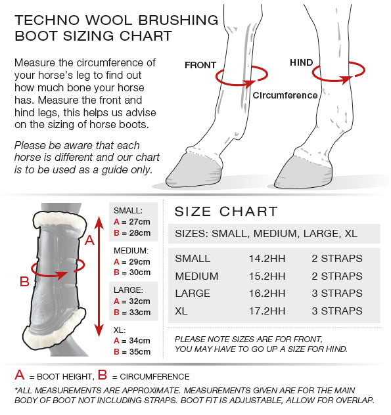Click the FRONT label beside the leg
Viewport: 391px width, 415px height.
(x=200, y=65)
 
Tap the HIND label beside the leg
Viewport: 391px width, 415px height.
(x=302, y=63)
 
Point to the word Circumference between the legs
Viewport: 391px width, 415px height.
(x=285, y=95)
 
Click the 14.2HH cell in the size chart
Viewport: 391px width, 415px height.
(x=267, y=259)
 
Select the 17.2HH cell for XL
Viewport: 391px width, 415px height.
(x=267, y=311)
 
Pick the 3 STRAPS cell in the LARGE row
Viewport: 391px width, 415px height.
(x=337, y=294)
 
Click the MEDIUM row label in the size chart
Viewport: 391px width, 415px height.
(x=197, y=276)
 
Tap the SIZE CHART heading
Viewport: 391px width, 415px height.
(x=226, y=211)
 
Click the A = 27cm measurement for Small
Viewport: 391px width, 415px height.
(x=132, y=222)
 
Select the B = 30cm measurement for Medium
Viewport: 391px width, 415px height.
(x=132, y=273)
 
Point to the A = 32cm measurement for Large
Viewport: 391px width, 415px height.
(x=132, y=301)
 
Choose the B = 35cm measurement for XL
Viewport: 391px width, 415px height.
(x=132, y=352)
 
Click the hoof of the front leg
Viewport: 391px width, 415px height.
(x=194, y=171)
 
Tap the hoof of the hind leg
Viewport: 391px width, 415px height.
(x=303, y=173)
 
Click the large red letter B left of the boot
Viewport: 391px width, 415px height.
(x=24, y=282)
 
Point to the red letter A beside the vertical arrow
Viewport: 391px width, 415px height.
(x=89, y=240)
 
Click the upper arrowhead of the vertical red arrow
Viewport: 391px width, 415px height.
(x=99, y=223)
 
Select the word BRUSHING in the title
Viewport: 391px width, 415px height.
(x=178, y=20)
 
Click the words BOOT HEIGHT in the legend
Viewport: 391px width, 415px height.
(x=64, y=377)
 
